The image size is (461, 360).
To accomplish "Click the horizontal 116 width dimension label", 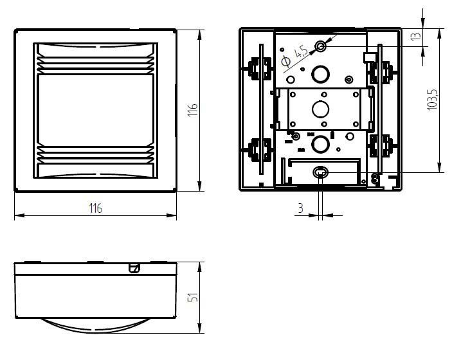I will click(95, 208).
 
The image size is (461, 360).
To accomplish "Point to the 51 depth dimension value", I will click(192, 298).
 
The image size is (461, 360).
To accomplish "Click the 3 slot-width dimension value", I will click(300, 208).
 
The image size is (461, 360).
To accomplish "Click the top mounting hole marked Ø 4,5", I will click(320, 46).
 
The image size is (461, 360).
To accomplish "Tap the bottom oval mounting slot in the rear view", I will click(320, 172).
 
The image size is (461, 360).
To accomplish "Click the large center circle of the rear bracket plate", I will click(320, 108).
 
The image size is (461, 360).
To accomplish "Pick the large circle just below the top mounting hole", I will click(320, 75).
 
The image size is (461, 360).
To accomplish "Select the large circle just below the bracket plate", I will click(320, 143).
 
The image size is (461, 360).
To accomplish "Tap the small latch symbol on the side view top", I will click(134, 267).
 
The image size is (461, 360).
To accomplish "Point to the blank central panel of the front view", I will click(95, 109).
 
